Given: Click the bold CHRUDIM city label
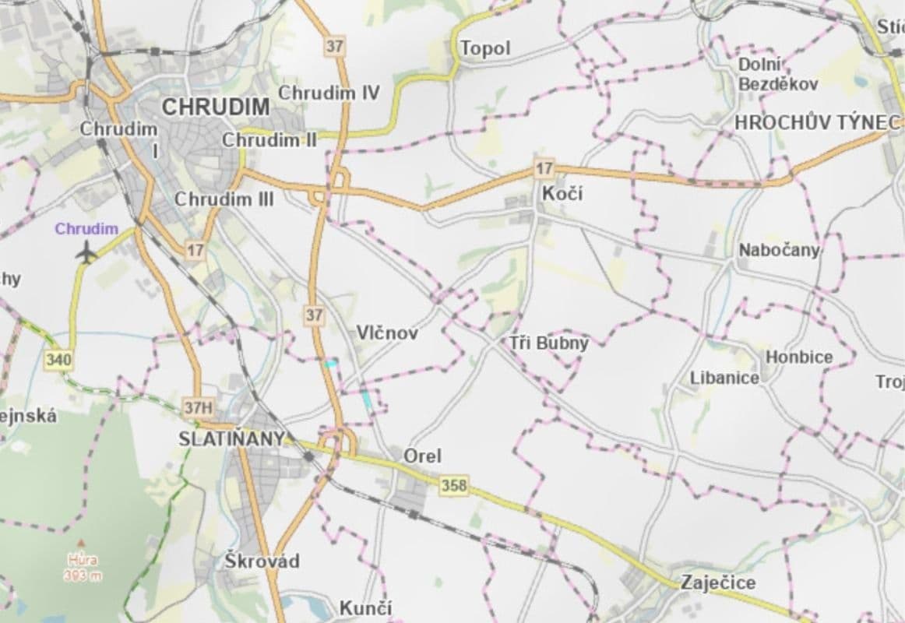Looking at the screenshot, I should coord(215,107).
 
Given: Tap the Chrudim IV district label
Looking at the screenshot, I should coord(329,93).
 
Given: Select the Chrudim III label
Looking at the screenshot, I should coord(224,199).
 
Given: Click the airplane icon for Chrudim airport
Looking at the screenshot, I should coord(86,252).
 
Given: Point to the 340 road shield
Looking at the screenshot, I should coord(58,360).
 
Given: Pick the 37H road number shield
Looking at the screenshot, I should coord(198,407).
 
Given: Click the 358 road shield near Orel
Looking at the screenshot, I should coord(454,485).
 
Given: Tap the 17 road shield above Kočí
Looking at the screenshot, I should coord(544,167).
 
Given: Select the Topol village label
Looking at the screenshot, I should coord(485,49).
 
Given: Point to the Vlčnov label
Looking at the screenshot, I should coord(387,333).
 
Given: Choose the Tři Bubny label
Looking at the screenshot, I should coord(550,342).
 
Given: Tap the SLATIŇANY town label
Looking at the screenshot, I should coord(231,438).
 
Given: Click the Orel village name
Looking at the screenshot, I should coord(422,456).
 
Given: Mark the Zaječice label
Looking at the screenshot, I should coord(717,583).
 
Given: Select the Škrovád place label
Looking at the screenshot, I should coord(262,561).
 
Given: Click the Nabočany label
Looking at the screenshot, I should coord(779,250).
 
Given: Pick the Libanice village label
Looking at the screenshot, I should coord(724,378).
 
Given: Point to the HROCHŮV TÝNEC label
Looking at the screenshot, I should coord(818,122).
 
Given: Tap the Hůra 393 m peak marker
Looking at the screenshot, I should coord(80,543).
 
